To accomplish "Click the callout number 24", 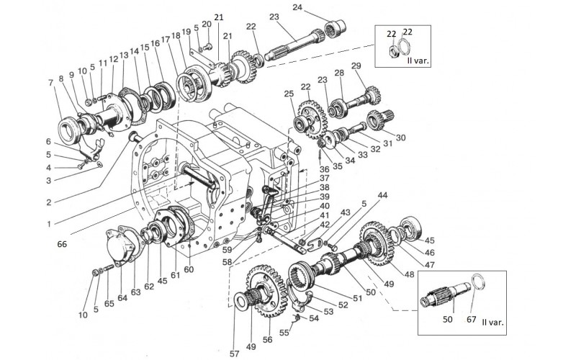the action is pos(297,7).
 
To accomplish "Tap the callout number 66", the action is pos(62,244).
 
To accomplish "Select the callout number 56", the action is pos(267,339).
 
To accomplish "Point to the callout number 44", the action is pos(383,195).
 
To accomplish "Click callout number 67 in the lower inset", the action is pos(472,319).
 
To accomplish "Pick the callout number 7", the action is pos(50,83).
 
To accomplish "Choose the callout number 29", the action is pos(356,66).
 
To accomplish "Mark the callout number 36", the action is pos(325,169).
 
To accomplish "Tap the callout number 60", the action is pos(189,269).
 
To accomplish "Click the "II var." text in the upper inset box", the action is pos(418,60).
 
